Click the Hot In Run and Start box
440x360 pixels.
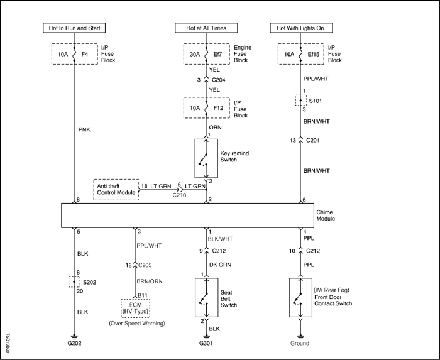pyautogui.click(x=74, y=28)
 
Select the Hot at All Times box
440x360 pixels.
pyautogui.click(x=206, y=28)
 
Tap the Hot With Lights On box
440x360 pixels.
pyautogui.click(x=301, y=28)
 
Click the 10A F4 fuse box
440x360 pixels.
pyautogui.click(x=75, y=54)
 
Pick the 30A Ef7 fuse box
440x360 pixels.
pyautogui.click(x=207, y=54)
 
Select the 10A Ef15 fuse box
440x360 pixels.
pyautogui.click(x=301, y=54)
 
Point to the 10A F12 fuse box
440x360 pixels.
pyautogui.click(x=207, y=108)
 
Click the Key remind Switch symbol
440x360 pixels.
pyautogui.click(x=206, y=158)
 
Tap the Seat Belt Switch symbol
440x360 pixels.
pyautogui.click(x=207, y=297)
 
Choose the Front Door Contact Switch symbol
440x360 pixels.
pyautogui.click(x=300, y=297)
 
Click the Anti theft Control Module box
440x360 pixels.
pyautogui.click(x=116, y=190)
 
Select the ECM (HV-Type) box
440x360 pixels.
pyautogui.click(x=136, y=308)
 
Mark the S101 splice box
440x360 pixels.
pyautogui.click(x=301, y=101)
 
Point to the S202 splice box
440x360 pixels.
pyautogui.click(x=74, y=281)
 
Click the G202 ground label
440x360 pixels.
pyautogui.click(x=74, y=343)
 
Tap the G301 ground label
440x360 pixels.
pyautogui.click(x=206, y=343)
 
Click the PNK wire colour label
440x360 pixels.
pyautogui.click(x=84, y=129)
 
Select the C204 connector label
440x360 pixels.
pyautogui.click(x=218, y=80)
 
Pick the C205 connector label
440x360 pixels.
pyautogui.click(x=145, y=265)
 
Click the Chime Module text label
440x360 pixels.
pyautogui.click(x=326, y=215)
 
